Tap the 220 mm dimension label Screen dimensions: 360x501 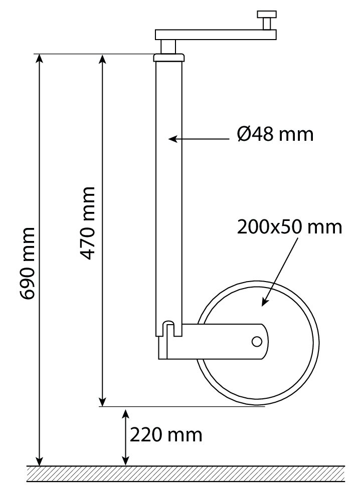166,435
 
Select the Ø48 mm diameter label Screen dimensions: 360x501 275,134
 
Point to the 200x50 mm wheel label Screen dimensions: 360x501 289,227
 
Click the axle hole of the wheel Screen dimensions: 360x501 257,342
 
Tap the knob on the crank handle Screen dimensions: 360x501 267,20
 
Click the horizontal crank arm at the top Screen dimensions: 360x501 216,35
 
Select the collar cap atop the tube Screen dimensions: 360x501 169,58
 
